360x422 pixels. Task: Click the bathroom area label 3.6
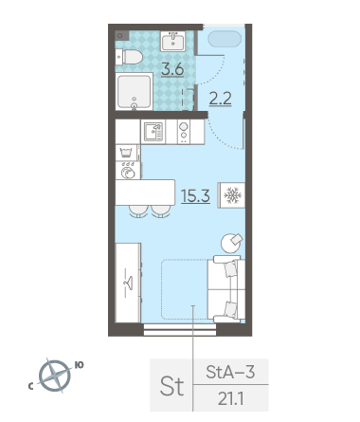coord(172,69)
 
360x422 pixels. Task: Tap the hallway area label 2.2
coord(221,99)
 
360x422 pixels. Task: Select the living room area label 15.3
coord(195,196)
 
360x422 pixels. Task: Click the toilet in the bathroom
coord(129,57)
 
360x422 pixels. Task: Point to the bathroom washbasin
coord(173,41)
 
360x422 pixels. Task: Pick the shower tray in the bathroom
coord(135,91)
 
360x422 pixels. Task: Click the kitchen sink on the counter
coord(153,132)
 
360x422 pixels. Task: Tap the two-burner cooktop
coord(184,132)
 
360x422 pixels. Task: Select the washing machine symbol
coord(128,171)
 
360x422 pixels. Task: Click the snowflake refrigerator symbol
coord(232,195)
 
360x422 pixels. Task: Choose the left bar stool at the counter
coord(138,211)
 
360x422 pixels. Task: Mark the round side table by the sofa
coord(231,243)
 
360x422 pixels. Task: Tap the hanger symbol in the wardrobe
coord(129,283)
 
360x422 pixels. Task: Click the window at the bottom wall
coord(180,329)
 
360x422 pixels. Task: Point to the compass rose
coord(55,376)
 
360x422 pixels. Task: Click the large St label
coord(171,386)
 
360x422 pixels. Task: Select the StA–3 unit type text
coord(230,372)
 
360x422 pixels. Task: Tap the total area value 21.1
coord(230,399)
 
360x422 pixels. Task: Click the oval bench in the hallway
coord(225,39)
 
